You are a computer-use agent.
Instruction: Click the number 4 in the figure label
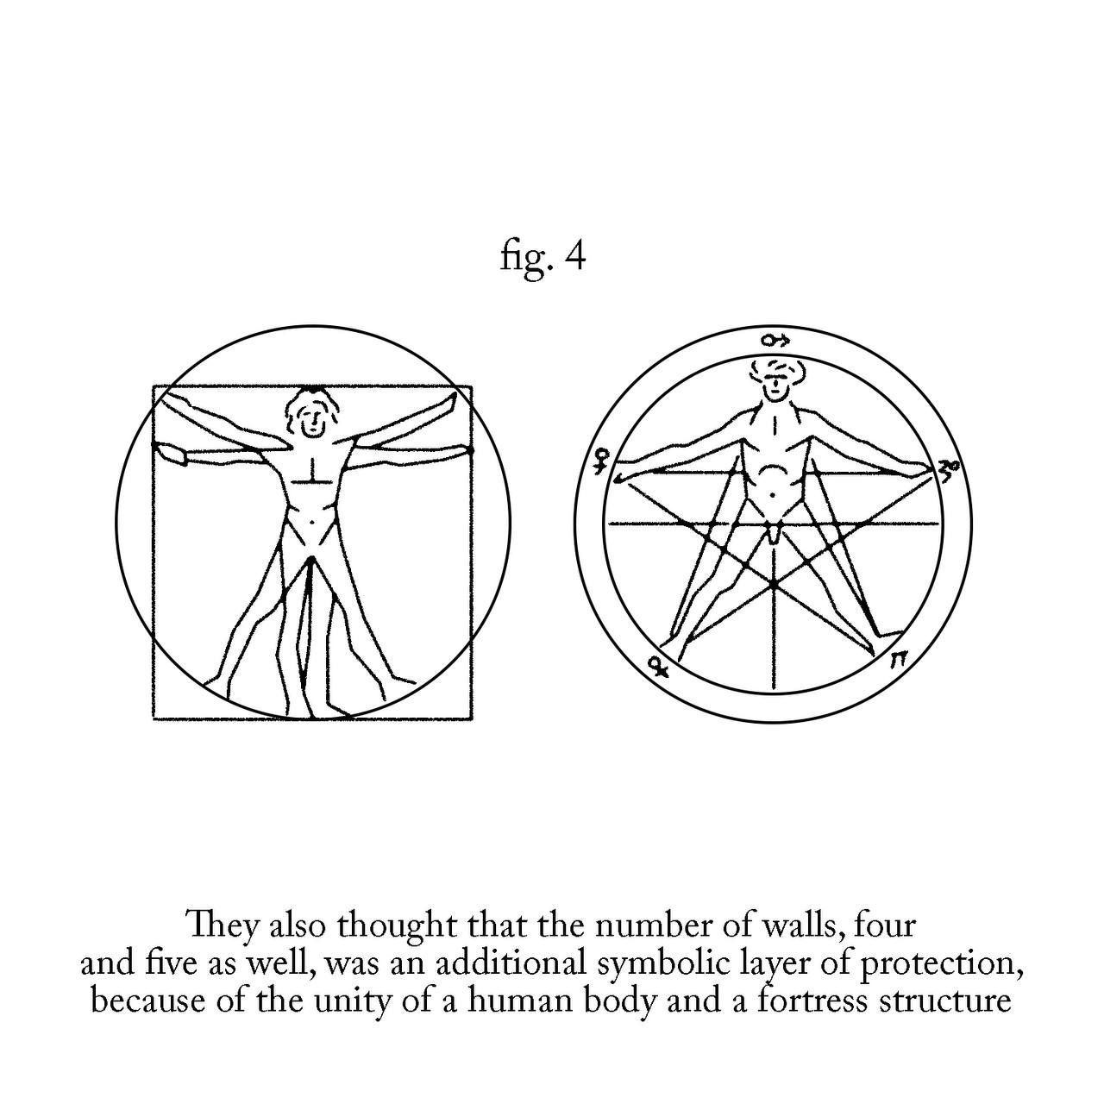(x=574, y=257)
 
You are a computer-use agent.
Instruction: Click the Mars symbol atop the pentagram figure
(x=775, y=341)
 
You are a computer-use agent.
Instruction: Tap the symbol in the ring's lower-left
(x=658, y=665)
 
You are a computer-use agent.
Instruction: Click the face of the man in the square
(x=312, y=420)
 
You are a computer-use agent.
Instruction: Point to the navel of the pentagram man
(x=772, y=494)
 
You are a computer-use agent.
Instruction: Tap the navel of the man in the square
(x=312, y=521)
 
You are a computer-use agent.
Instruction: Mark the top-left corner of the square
(x=154, y=386)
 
